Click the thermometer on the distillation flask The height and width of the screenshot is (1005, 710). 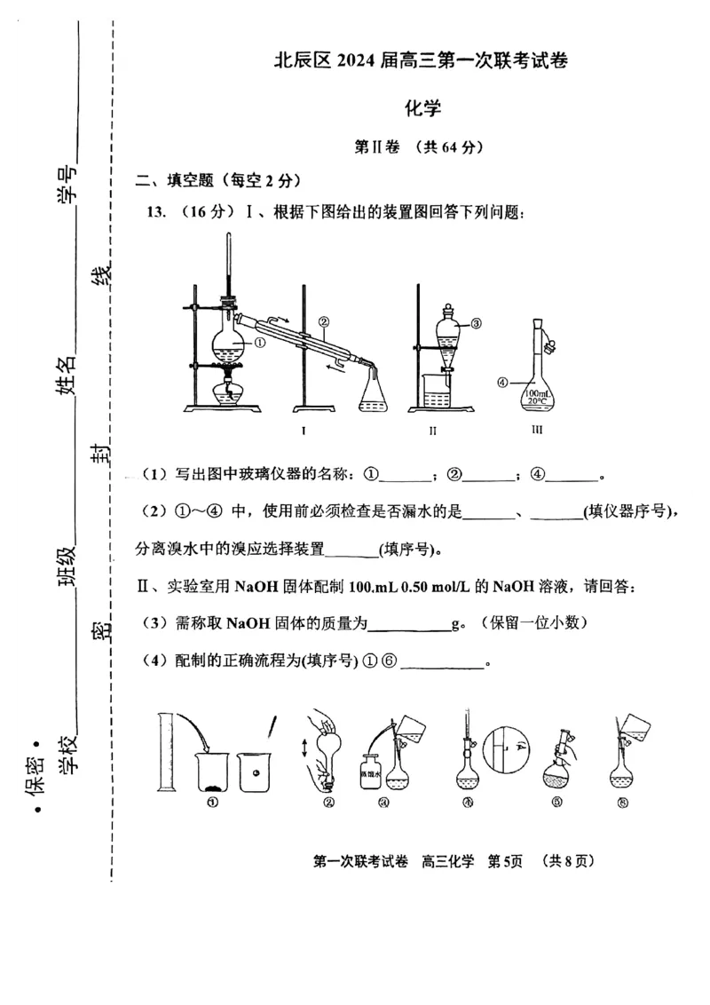[x=229, y=266]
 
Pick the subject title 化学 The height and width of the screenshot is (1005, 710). [x=422, y=108]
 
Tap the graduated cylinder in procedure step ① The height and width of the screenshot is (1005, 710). [x=165, y=751]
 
